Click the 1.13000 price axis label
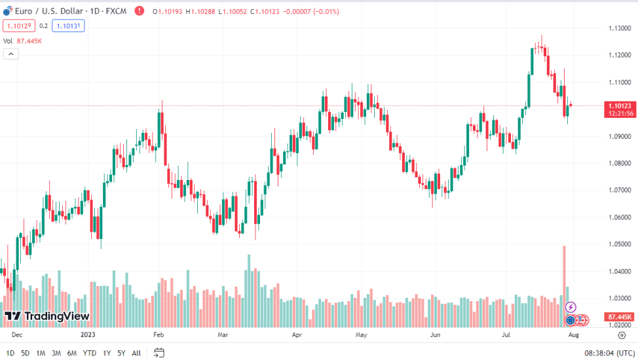pos(619,28)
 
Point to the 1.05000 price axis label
pos(619,244)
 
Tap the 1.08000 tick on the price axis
pos(619,163)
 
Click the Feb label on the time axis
pos(158,334)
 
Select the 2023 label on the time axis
pos(88,334)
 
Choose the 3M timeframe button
pos(56,353)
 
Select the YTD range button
pos(89,353)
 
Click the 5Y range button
pos(121,353)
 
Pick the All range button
pos(136,353)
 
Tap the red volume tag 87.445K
pos(619,317)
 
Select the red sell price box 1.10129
pos(18,26)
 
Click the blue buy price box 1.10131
pos(69,26)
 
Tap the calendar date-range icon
pos(159,353)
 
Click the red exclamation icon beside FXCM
pos(139,11)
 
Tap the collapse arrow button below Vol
pos(10,54)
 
